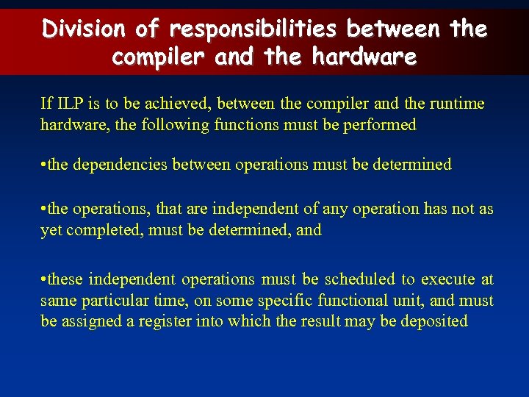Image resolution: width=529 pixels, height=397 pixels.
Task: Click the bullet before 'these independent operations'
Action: [x=43, y=279]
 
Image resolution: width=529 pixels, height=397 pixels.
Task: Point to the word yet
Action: [x=50, y=230]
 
